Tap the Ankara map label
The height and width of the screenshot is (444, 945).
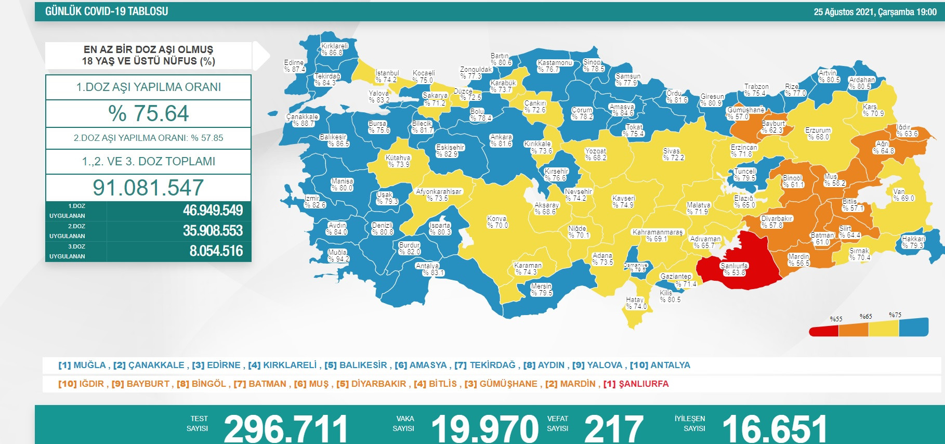tap(501, 140)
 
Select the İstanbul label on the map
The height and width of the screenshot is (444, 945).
tap(387, 76)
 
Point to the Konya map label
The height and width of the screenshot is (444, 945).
tap(497, 222)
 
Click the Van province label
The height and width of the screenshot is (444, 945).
tap(903, 195)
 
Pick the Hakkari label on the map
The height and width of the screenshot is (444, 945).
tap(913, 242)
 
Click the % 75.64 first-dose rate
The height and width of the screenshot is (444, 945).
tap(148, 113)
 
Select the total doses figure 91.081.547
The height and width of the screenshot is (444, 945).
tap(148, 188)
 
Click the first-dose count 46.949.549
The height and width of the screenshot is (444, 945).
tap(213, 211)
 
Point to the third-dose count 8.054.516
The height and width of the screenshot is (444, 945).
tap(216, 251)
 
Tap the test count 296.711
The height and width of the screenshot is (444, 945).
tap(285, 429)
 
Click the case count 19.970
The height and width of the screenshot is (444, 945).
tap(484, 429)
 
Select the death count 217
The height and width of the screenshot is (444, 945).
tap(613, 429)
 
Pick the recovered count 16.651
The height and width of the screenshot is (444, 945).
tap(775, 429)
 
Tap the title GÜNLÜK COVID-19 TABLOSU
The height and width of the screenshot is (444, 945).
tap(107, 11)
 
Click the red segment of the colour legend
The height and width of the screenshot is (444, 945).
tap(823, 331)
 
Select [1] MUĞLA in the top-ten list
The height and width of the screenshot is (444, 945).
tap(82, 365)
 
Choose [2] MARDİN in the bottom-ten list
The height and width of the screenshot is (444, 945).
tap(570, 384)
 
